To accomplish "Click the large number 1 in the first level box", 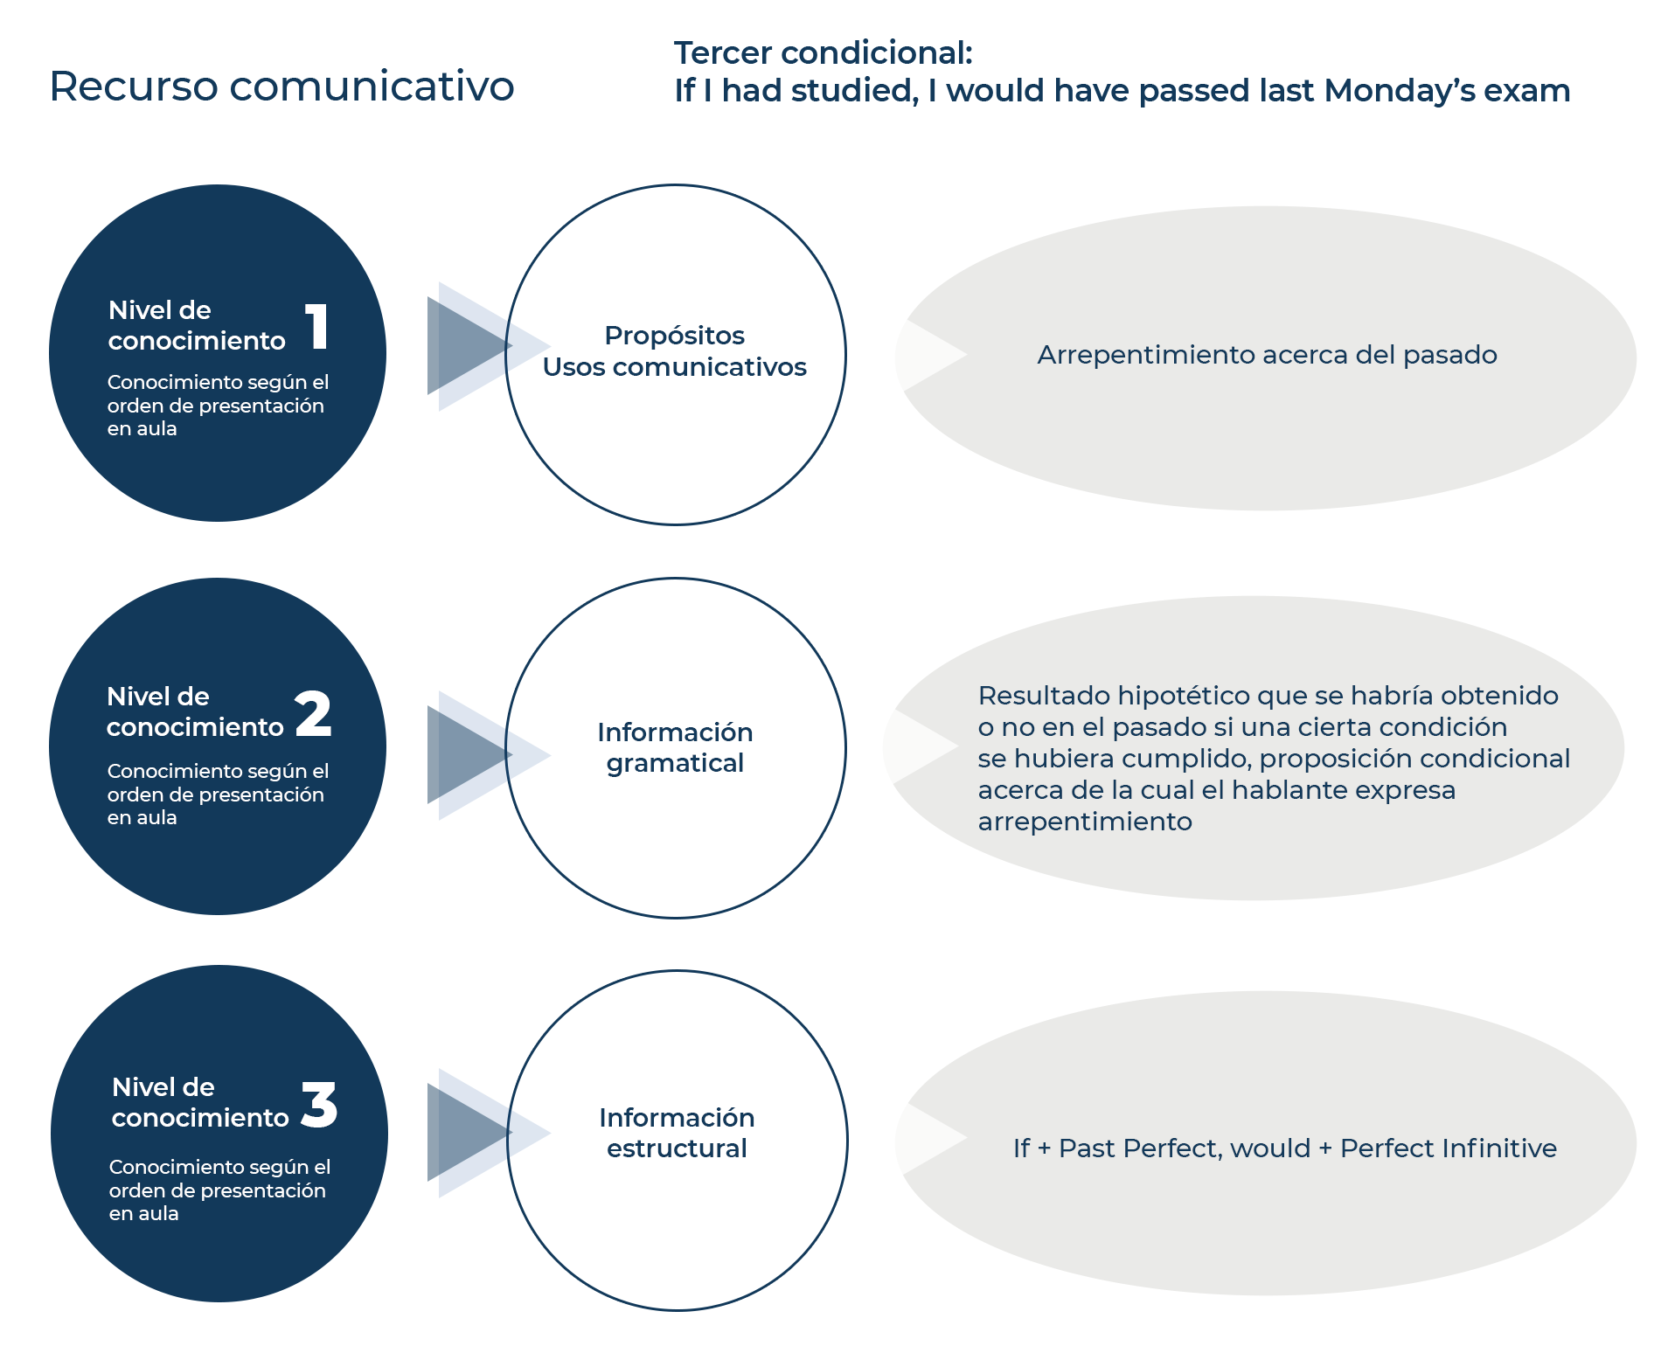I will pos(316,327).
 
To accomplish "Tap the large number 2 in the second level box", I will pos(313,713).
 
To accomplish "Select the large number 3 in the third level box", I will pos(319,1104).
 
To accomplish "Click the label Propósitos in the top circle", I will pos(674,336).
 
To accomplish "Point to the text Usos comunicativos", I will pos(674,367).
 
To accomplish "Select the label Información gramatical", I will pos(675,747).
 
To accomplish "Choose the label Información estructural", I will pos(677,1133).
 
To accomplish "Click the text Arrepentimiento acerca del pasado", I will pos(1267,355).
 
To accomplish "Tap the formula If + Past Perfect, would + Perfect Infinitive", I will pos(1284,1148).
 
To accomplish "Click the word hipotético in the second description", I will pos(1183,696).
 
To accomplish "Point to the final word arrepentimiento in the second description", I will pos(1084,822).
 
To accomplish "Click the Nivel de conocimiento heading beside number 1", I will pos(196,325).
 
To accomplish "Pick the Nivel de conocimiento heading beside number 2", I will pos(194,711).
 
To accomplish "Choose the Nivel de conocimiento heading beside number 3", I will pos(199,1102).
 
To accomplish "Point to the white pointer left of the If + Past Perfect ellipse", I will pos(932,1137).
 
